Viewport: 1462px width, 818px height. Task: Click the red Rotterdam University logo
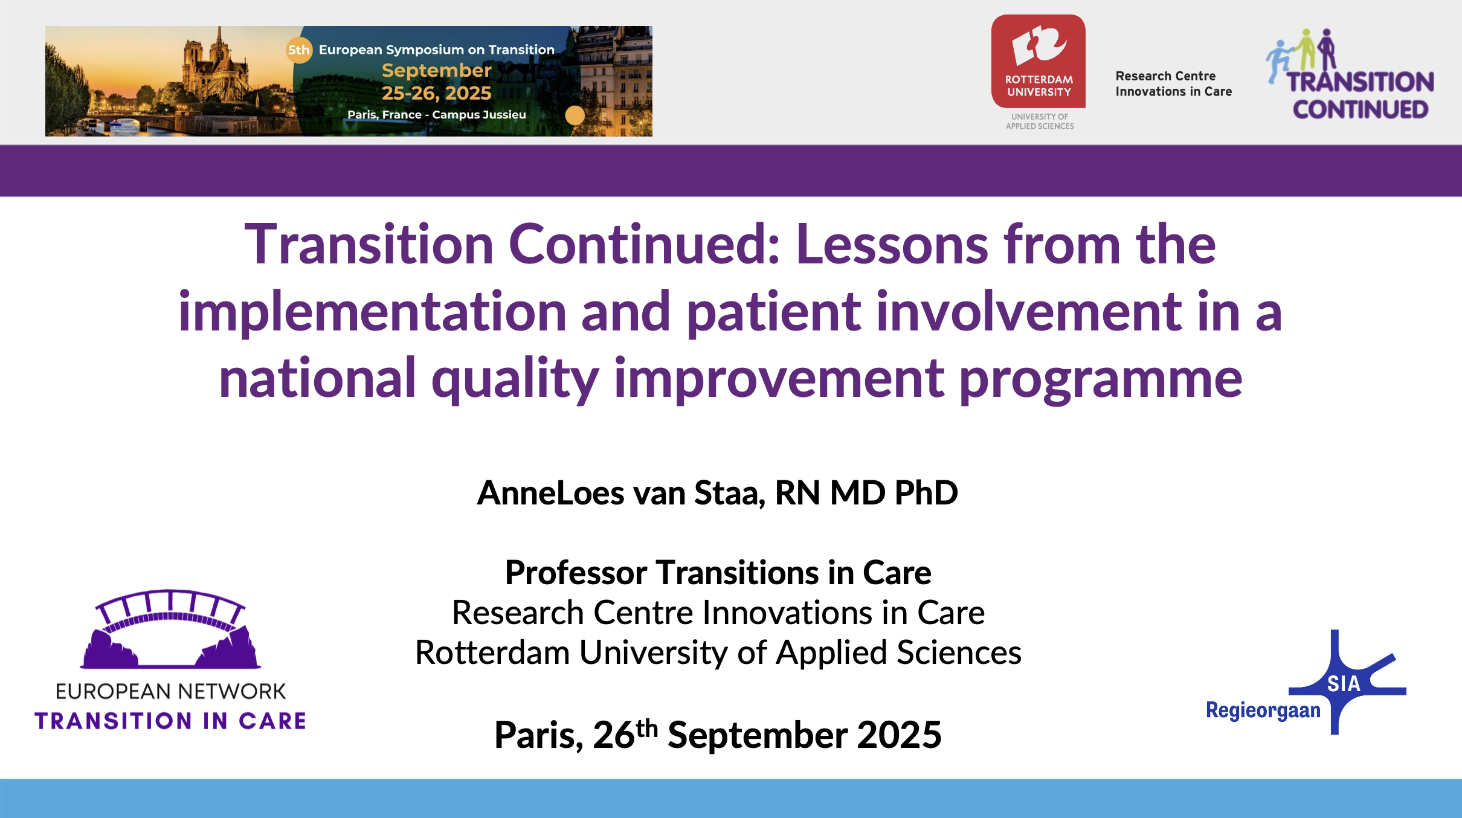(x=1039, y=61)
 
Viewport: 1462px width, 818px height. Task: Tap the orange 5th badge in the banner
(x=299, y=50)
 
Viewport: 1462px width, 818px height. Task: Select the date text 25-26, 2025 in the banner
(x=437, y=93)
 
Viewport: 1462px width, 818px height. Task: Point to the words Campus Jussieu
(x=479, y=114)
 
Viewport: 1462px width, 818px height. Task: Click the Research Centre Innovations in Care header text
(x=1173, y=83)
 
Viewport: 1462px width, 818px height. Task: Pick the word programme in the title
(x=1101, y=380)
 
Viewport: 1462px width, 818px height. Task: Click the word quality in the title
(x=515, y=380)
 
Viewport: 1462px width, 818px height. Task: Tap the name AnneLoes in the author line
(x=550, y=492)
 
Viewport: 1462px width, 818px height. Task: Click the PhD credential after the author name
(x=926, y=492)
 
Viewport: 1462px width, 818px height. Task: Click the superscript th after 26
(x=646, y=728)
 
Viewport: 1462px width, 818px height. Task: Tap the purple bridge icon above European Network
(x=170, y=629)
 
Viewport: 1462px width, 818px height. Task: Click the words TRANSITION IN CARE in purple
(x=170, y=721)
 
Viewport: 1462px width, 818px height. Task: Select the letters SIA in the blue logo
(x=1344, y=684)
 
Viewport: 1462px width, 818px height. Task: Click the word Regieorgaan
(x=1263, y=710)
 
